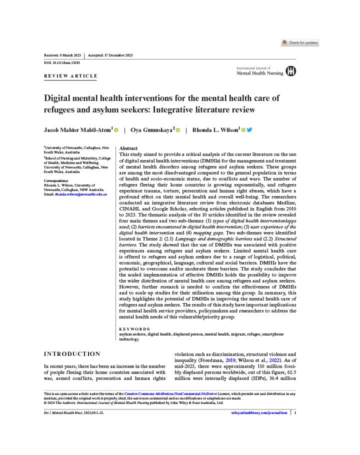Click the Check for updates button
pyautogui.click(x=300, y=43)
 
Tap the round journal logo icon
pyautogui.click(x=290, y=71)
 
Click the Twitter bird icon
pyautogui.click(x=249, y=130)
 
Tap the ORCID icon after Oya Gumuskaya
pyautogui.click(x=177, y=130)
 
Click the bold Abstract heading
pyautogui.click(x=128, y=148)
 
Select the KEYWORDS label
pyautogui.click(x=134, y=328)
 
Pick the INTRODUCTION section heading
pyautogui.click(x=72, y=354)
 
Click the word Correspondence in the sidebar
pyautogui.click(x=56, y=180)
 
